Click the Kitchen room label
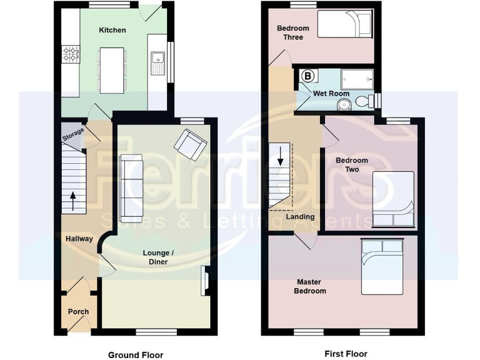[112, 30]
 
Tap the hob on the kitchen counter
[70, 54]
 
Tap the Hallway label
[79, 238]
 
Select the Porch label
[78, 311]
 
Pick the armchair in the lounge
[190, 145]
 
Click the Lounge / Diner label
[159, 257]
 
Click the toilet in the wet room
[362, 100]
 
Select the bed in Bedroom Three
[345, 25]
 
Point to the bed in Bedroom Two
[393, 199]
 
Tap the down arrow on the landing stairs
[281, 154]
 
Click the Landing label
[299, 217]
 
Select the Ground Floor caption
[136, 354]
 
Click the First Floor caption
[346, 354]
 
